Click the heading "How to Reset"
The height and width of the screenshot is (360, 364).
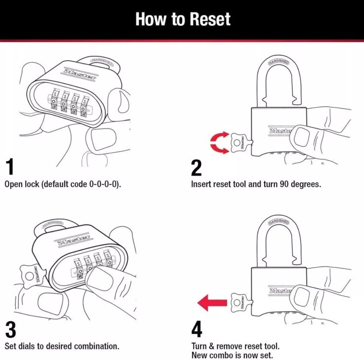[x=182, y=19]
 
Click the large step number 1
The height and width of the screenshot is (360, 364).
[x=9, y=167]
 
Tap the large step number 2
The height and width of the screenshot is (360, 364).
[x=196, y=167]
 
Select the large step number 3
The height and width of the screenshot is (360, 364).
[x=10, y=329]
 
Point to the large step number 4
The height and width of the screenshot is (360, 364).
[x=197, y=329]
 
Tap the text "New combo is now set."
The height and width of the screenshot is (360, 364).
[x=232, y=356]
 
